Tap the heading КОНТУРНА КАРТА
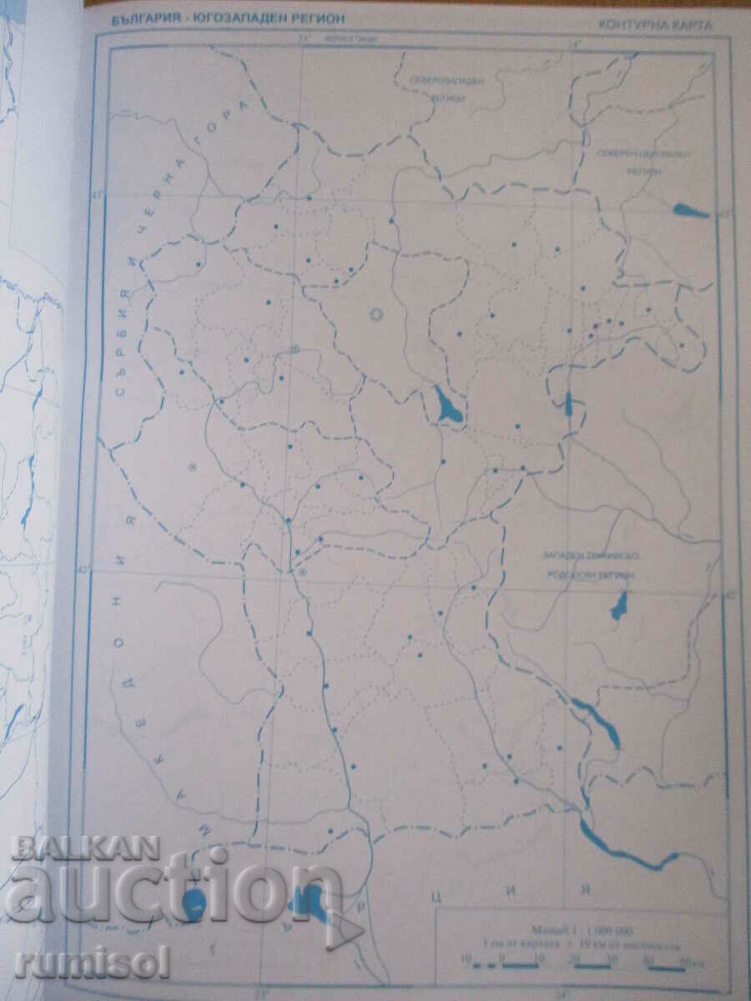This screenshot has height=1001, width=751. pos(655,24)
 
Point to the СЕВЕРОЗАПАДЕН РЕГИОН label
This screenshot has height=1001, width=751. pos(448,86)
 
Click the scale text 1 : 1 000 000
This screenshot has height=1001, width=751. pos(581,928)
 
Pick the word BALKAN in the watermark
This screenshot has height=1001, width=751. pos(85,848)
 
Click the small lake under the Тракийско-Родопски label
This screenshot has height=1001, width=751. pos(619,604)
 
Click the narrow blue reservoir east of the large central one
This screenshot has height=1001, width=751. pos(569,405)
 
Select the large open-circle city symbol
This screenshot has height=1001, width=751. pos(375,314)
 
